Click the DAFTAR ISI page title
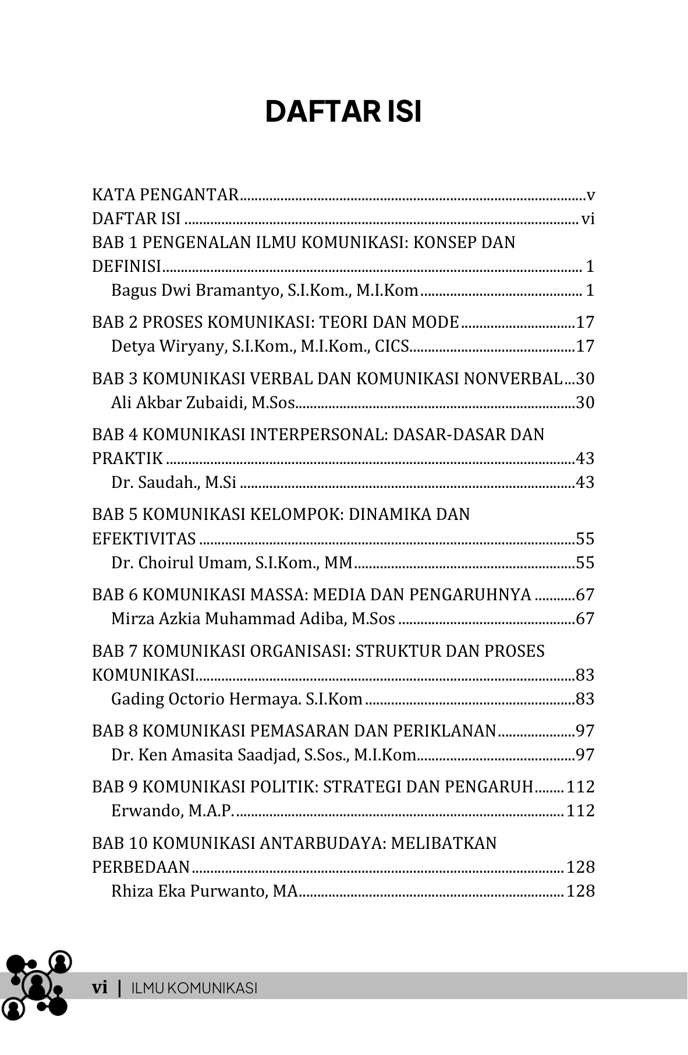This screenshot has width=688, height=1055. click(343, 112)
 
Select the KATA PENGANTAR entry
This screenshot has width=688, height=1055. click(165, 194)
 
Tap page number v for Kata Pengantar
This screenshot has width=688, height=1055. click(590, 195)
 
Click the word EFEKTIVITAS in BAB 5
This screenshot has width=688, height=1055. click(144, 539)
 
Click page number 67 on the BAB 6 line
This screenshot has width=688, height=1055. click(585, 594)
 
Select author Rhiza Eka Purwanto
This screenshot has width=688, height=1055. click(204, 891)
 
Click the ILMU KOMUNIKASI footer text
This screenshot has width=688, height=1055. click(194, 988)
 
